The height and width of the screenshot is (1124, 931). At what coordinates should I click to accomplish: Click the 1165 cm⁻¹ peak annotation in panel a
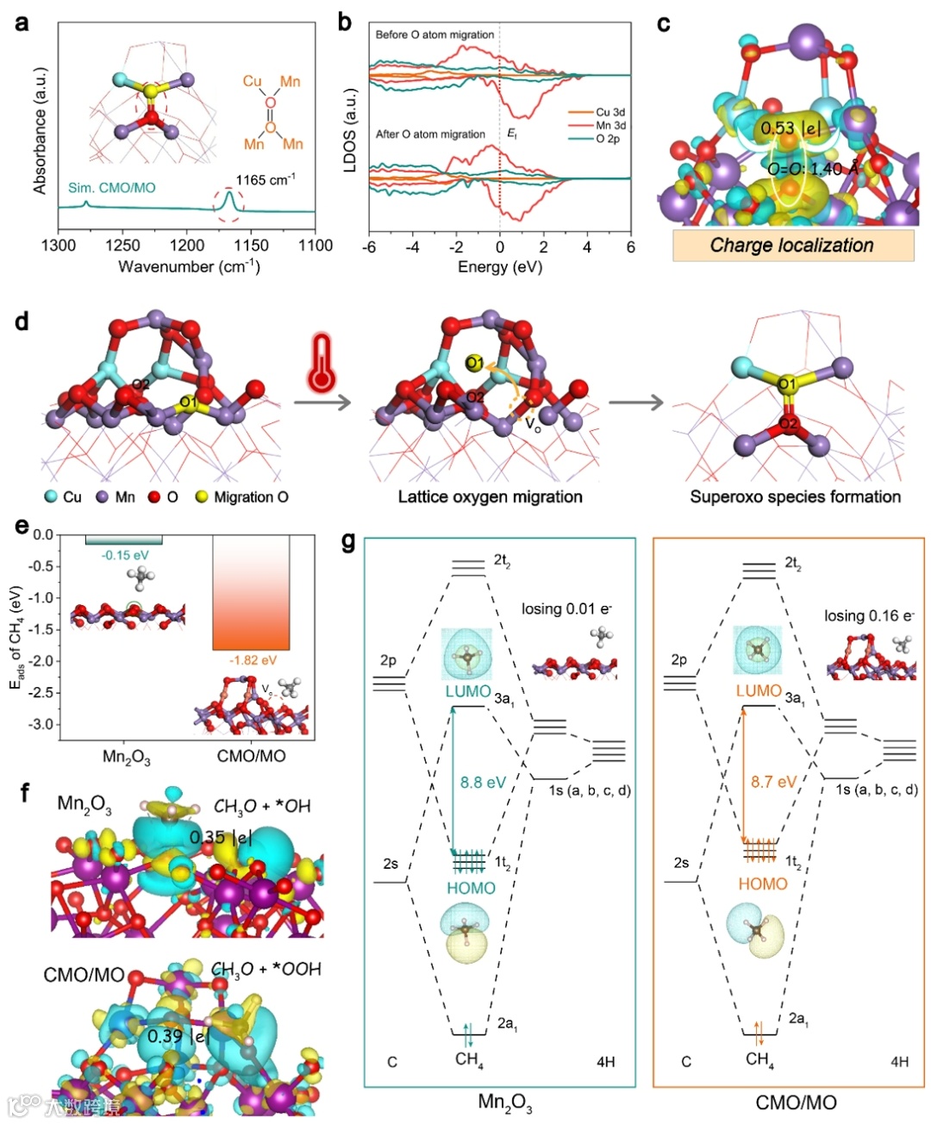pyautogui.click(x=266, y=180)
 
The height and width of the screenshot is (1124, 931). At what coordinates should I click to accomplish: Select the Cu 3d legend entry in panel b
pyautogui.click(x=609, y=112)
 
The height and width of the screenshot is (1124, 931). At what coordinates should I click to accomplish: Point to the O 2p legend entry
pyautogui.click(x=607, y=139)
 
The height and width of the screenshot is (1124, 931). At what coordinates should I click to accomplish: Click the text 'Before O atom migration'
pyautogui.click(x=434, y=34)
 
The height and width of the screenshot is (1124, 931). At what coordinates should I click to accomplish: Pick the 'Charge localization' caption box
pyautogui.click(x=792, y=246)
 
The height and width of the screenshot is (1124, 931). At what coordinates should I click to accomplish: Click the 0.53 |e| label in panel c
pyautogui.click(x=790, y=128)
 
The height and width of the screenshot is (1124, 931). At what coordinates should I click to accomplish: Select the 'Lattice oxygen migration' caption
pyautogui.click(x=490, y=496)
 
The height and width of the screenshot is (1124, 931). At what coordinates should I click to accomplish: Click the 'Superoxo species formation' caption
pyautogui.click(x=795, y=496)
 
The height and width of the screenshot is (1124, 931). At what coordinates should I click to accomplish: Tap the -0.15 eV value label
pyautogui.click(x=125, y=555)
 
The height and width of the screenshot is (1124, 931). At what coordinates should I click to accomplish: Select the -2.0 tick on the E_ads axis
pyautogui.click(x=43, y=661)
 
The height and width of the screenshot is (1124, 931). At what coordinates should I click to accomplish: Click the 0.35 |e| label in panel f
pyautogui.click(x=220, y=837)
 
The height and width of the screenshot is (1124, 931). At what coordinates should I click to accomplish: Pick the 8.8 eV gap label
pyautogui.click(x=483, y=783)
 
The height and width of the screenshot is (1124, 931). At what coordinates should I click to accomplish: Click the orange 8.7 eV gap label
pyautogui.click(x=773, y=783)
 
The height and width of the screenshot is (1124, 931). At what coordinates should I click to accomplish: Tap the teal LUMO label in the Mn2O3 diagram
pyautogui.click(x=468, y=691)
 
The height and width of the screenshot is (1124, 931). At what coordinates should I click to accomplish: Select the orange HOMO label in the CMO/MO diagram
pyautogui.click(x=763, y=884)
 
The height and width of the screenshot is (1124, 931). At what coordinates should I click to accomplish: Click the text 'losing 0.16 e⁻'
pyautogui.click(x=868, y=615)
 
